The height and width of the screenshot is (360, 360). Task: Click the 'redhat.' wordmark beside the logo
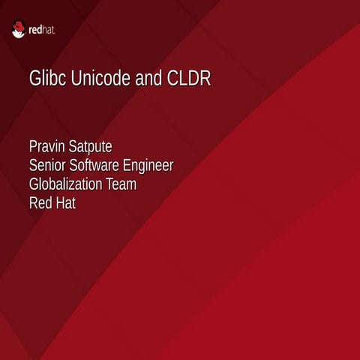click(x=42, y=31)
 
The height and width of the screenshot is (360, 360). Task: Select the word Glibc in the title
click(x=46, y=79)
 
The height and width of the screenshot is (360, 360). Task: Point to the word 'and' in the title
click(x=148, y=79)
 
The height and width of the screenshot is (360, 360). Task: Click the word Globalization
click(x=70, y=184)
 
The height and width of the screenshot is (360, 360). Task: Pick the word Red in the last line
click(x=40, y=202)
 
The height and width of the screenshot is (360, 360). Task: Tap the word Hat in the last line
click(x=66, y=202)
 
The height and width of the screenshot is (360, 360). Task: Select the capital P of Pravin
click(x=33, y=145)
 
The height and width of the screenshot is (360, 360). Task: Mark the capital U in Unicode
click(x=75, y=79)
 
